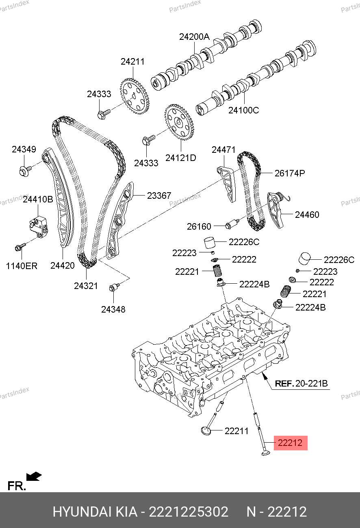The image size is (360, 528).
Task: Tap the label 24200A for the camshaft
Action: tap(194, 37)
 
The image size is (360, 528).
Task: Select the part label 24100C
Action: tap(243, 110)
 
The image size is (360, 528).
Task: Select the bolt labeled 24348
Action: tap(114, 288)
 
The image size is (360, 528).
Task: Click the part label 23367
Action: tap(159, 196)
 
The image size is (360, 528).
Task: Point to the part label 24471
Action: tap(223, 150)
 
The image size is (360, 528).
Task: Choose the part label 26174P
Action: tap(289, 173)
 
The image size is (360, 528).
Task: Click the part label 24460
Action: tap(307, 214)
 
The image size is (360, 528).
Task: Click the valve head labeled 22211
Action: tap(207, 430)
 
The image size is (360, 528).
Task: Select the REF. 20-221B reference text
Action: tap(301, 383)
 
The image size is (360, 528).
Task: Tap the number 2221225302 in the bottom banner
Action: tap(189, 512)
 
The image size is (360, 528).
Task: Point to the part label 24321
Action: tap(86, 286)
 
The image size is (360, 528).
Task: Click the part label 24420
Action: tap(63, 265)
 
